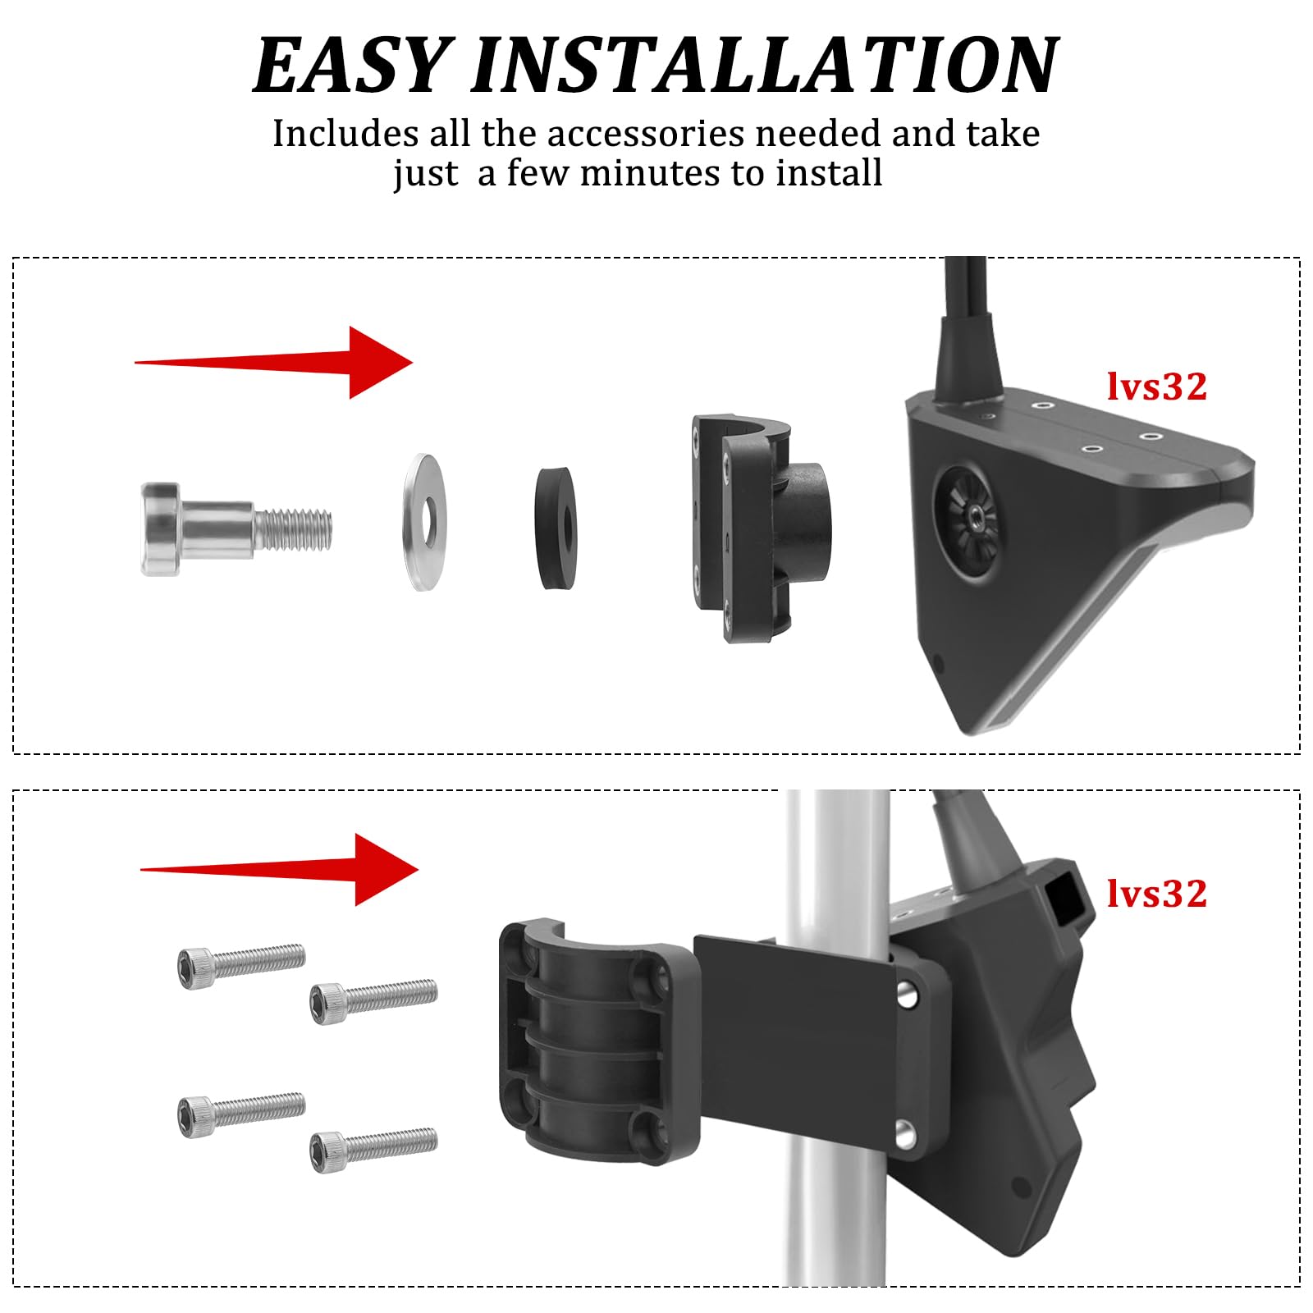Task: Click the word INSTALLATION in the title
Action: (x=763, y=66)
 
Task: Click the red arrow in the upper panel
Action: (x=279, y=362)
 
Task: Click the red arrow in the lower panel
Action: (x=283, y=869)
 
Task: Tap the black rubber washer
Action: (x=555, y=528)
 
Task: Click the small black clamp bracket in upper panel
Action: (x=755, y=525)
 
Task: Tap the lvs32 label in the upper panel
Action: (x=1156, y=387)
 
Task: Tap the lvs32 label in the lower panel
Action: (x=1156, y=894)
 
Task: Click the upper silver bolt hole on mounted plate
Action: (x=906, y=995)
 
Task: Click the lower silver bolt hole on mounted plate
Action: (x=906, y=1134)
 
